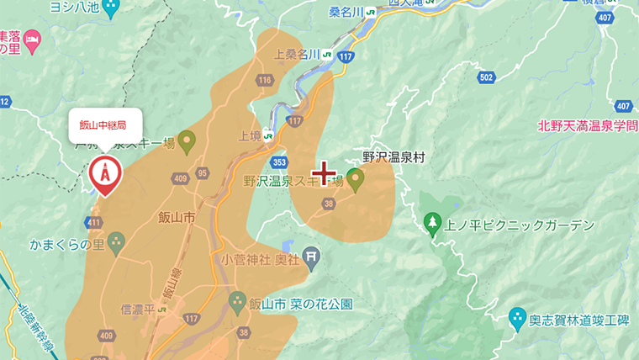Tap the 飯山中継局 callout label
[103, 125]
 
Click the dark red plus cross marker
[324, 173]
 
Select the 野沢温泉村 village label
[394, 156]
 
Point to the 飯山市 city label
[177, 217]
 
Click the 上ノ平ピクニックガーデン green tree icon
[433, 224]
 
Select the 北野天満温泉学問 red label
[587, 126]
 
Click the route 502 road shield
[485, 77]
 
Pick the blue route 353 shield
[279, 161]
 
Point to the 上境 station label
[251, 135]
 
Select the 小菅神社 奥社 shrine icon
[312, 254]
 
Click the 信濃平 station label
[139, 310]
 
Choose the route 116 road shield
[266, 81]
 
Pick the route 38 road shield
[329, 203]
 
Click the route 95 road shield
[202, 172]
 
